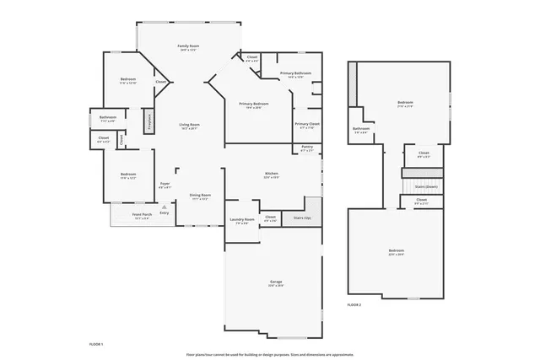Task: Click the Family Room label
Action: click(188, 46)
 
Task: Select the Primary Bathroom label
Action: click(296, 74)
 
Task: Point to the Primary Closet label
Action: click(307, 125)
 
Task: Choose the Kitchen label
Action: click(272, 174)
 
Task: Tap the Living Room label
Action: click(188, 126)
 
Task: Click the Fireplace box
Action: click(150, 121)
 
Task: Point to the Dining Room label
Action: click(200, 196)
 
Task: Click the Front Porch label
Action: click(142, 215)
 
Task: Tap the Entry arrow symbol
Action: click(162, 207)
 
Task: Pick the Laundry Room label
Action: click(242, 221)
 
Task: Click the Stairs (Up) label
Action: click(302, 218)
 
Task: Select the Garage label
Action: click(276, 282)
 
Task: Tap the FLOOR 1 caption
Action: click(96, 344)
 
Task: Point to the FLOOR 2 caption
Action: click(354, 304)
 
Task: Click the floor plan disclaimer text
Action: click(270, 354)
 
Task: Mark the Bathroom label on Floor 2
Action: click(361, 130)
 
